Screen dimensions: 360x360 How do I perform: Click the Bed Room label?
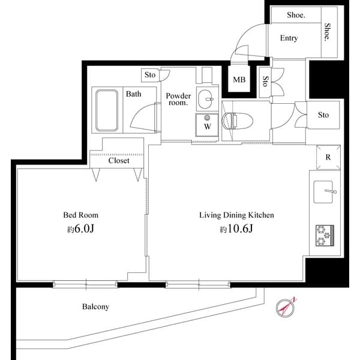click(80, 215)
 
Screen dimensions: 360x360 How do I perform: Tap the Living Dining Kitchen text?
click(237, 215)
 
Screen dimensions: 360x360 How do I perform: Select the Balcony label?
click(95, 307)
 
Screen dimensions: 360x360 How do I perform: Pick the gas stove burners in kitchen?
click(325, 235)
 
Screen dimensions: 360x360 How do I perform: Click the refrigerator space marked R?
click(328, 158)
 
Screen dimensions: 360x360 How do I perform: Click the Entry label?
click(289, 38)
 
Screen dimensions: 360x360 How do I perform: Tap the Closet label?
click(119, 161)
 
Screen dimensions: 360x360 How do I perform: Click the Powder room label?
click(178, 99)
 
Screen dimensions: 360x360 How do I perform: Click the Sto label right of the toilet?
click(323, 115)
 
